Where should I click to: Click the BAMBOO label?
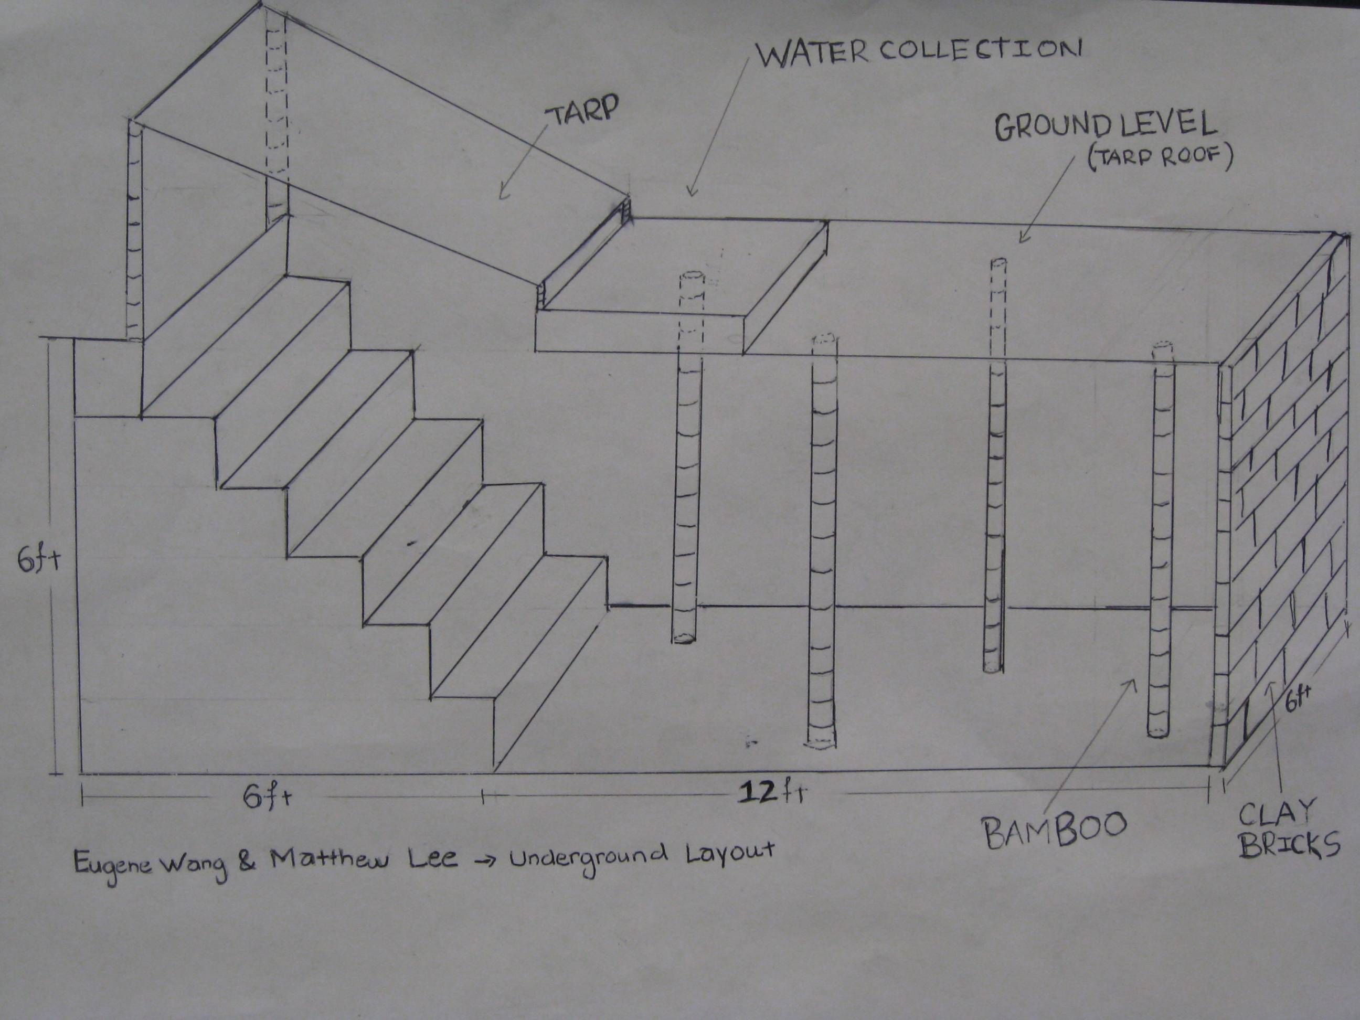pos(1055,827)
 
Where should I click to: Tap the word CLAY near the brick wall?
pos(1274,814)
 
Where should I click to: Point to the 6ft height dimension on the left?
pos(37,561)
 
